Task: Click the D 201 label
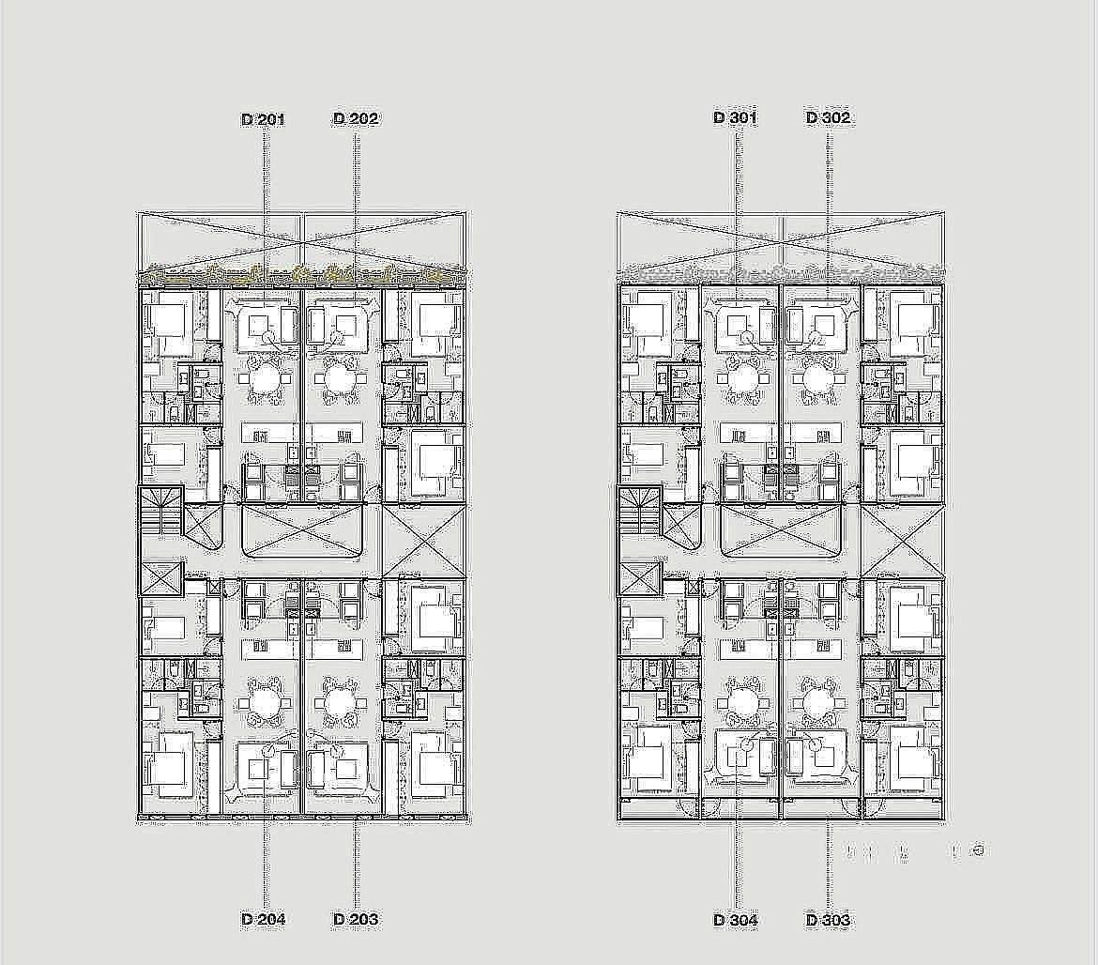pyautogui.click(x=264, y=119)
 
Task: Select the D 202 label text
pyautogui.click(x=356, y=118)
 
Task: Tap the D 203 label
pyautogui.click(x=356, y=919)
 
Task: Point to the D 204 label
pyautogui.click(x=264, y=919)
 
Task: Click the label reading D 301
pyautogui.click(x=735, y=117)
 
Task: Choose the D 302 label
pyautogui.click(x=829, y=117)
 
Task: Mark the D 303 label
pyautogui.click(x=829, y=920)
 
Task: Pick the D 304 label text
pyautogui.click(x=735, y=920)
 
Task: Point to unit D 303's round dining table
pyautogui.click(x=816, y=702)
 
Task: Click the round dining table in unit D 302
pyautogui.click(x=816, y=379)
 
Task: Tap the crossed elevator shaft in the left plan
pyautogui.click(x=161, y=579)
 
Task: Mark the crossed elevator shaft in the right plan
pyautogui.click(x=640, y=579)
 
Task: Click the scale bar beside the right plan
pyautogui.click(x=916, y=851)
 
